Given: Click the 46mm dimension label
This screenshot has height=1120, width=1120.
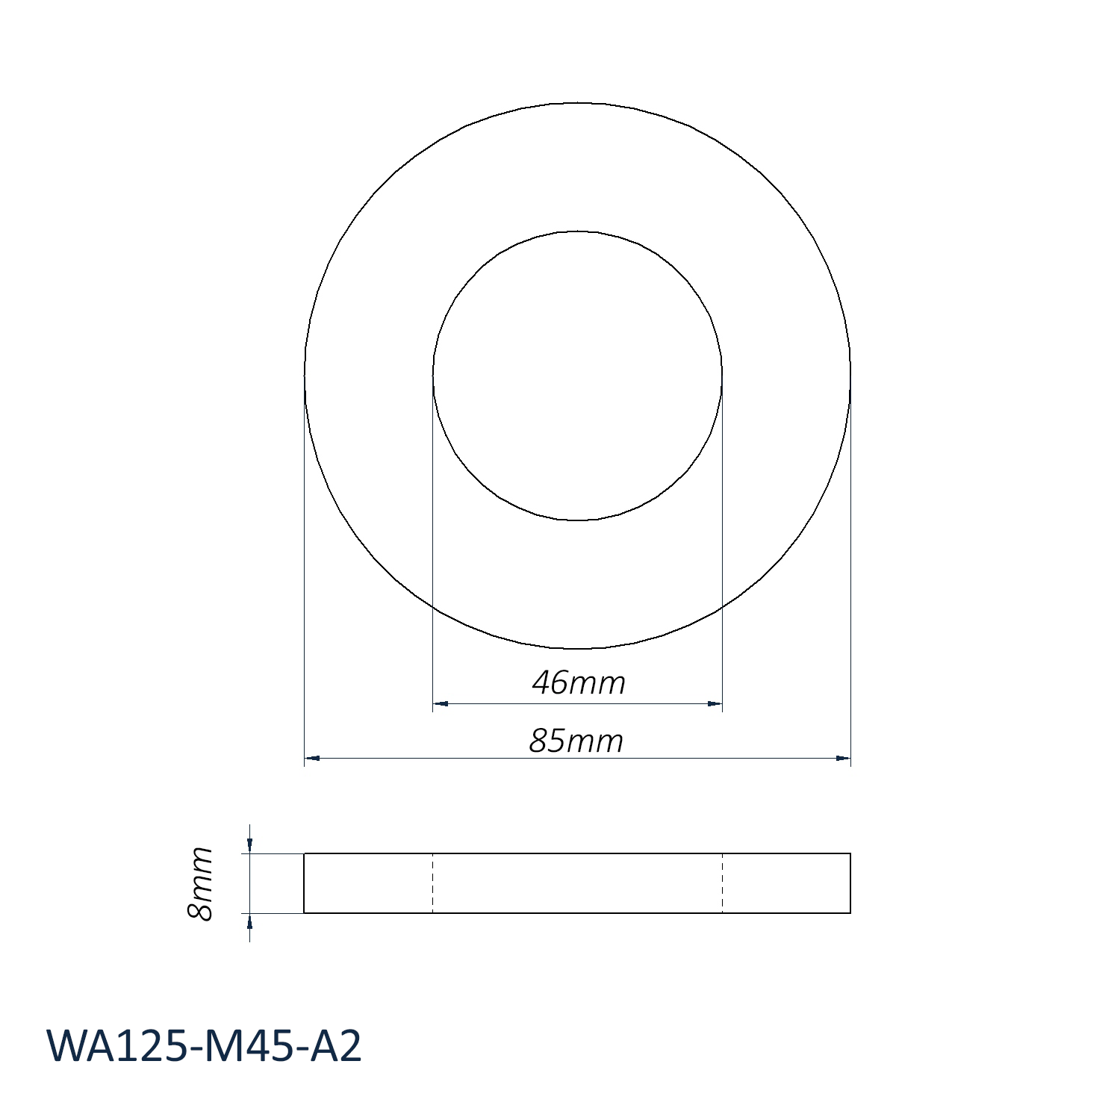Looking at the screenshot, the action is [x=579, y=683].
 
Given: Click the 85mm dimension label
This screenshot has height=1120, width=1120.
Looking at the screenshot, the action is [x=576, y=741].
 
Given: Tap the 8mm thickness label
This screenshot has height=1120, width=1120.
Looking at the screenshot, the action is [x=200, y=883].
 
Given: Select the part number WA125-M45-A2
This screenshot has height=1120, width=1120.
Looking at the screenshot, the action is [x=205, y=1045].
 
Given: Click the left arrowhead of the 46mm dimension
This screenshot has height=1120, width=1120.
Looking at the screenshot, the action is [x=440, y=703].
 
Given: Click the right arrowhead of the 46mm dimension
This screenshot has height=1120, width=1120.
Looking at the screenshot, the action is [x=715, y=703].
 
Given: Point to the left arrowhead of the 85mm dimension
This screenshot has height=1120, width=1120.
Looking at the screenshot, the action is [x=312, y=759].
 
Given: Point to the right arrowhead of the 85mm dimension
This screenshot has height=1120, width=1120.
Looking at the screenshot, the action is [x=843, y=759].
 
